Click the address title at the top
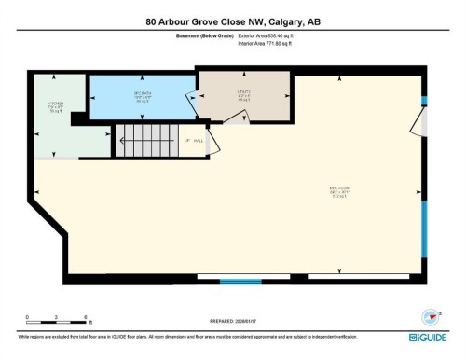click(232, 21)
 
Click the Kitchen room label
click(55, 106)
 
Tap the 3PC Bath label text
click(143, 96)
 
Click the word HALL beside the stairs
click(199, 141)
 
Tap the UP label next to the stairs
click(186, 141)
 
